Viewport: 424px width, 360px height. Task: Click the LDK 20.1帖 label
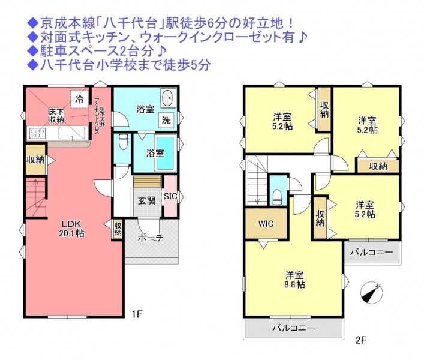click(71, 229)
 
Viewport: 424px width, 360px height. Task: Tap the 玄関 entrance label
click(147, 200)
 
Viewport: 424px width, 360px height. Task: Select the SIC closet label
click(170, 196)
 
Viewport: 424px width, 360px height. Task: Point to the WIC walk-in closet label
click(266, 224)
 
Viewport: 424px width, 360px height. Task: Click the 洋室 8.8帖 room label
click(294, 280)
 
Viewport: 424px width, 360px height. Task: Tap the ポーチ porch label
click(151, 238)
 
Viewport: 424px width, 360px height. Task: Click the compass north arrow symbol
click(372, 293)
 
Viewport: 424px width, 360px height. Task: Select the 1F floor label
click(137, 314)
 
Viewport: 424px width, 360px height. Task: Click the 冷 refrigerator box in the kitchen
click(79, 99)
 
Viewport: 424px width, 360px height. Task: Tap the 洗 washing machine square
click(166, 120)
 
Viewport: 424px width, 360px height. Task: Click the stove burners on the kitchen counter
click(38, 134)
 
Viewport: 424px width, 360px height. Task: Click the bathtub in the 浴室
click(165, 153)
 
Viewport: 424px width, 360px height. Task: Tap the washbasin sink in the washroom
click(169, 98)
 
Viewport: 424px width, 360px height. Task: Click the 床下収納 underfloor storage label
click(56, 115)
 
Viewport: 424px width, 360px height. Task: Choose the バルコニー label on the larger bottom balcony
click(293, 328)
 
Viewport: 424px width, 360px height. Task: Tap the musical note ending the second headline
click(302, 38)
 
